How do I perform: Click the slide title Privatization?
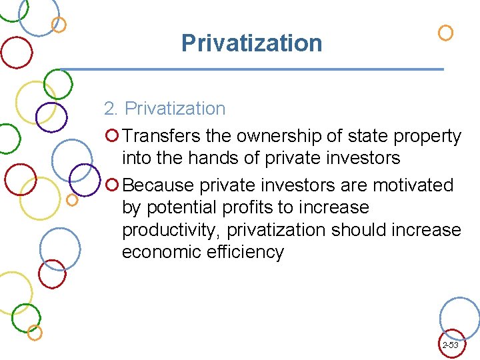coord(251,43)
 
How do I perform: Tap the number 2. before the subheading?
coord(111,109)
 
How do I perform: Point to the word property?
coord(427,137)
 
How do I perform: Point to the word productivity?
coord(171,231)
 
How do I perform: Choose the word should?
coord(364,230)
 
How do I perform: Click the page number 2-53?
coord(450,345)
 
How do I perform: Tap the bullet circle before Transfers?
coord(113,137)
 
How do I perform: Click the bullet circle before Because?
coord(113,185)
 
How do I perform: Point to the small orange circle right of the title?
coord(445,33)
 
